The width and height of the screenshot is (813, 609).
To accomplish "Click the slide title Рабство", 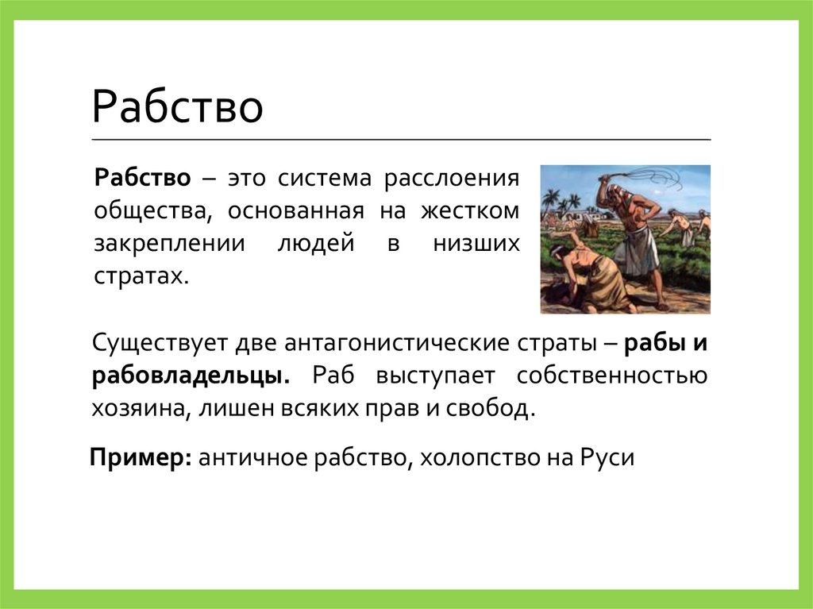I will click(177, 109).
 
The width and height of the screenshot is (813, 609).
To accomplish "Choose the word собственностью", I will click(611, 376).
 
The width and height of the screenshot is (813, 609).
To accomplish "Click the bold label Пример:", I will click(138, 458).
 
